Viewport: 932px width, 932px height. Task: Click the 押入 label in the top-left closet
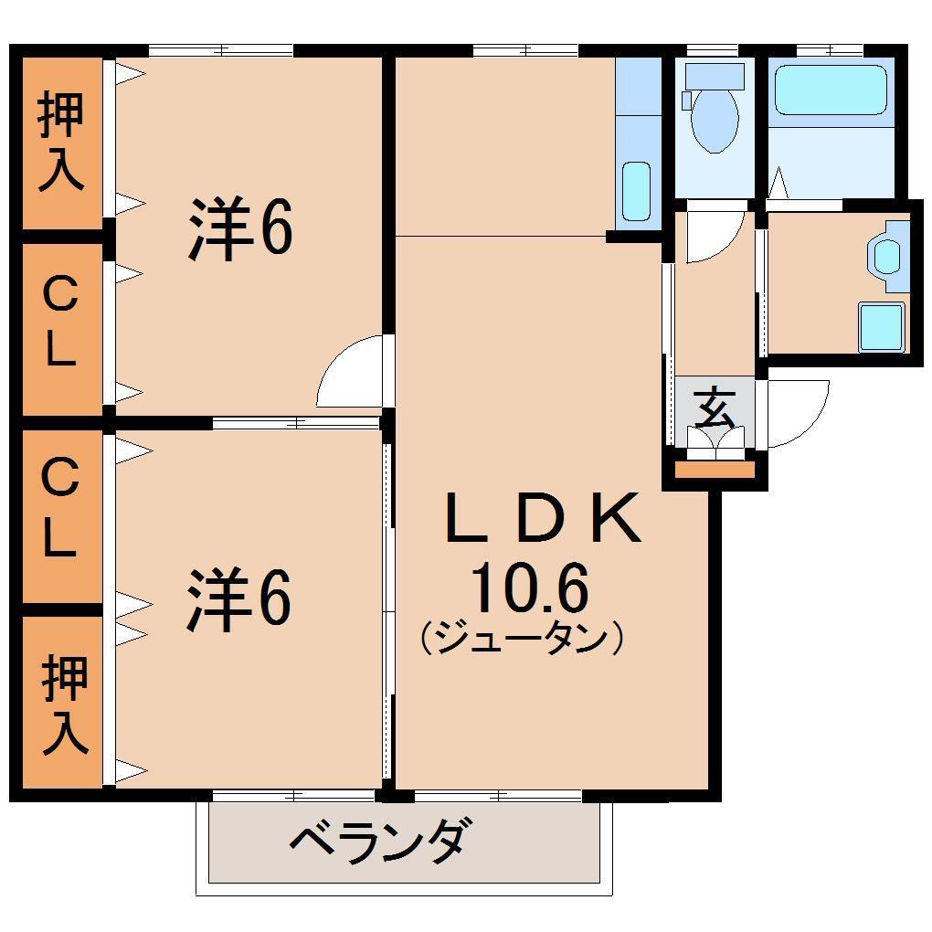click(61, 143)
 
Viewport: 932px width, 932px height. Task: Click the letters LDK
click(543, 518)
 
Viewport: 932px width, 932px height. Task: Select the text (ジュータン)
click(522, 638)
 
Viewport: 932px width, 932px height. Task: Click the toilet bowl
click(715, 115)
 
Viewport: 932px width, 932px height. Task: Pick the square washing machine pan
click(882, 326)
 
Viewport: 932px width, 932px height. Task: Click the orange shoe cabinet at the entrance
click(715, 470)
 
